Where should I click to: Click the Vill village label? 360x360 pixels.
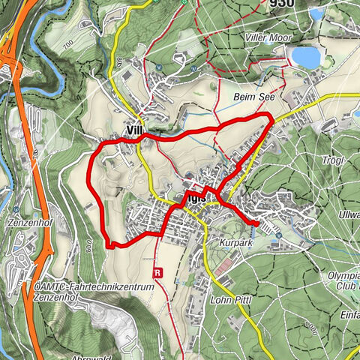tap(134, 130)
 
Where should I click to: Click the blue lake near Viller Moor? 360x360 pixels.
tap(304, 57)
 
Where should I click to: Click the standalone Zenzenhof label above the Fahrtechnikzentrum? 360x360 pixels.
tap(29, 223)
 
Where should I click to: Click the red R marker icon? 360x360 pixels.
tap(157, 273)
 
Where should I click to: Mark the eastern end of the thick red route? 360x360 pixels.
tap(256, 223)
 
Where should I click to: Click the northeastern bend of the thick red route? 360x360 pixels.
tap(270, 115)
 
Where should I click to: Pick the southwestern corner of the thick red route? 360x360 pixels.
tap(109, 244)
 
